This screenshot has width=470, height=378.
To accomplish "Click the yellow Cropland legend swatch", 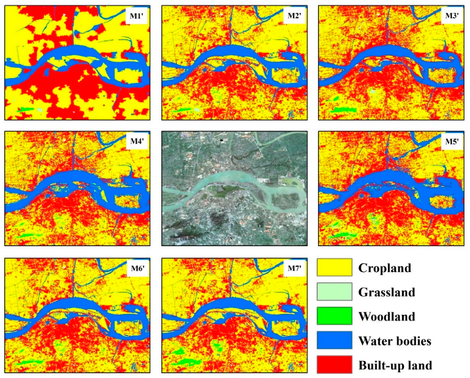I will tap(334, 268).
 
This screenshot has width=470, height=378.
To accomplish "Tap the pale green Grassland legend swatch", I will tap(334, 292).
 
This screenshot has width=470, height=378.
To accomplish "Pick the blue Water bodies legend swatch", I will tap(334, 341).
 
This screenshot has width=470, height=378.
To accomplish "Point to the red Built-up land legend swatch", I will tap(334, 365).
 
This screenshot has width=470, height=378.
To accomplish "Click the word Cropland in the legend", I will tap(385, 268).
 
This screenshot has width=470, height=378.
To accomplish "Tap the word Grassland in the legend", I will tap(387, 292).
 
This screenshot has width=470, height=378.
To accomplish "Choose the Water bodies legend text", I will tap(395, 341).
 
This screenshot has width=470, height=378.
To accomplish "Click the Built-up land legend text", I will tap(395, 365).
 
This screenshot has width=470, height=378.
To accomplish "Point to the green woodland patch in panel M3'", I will tap(342, 109).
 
